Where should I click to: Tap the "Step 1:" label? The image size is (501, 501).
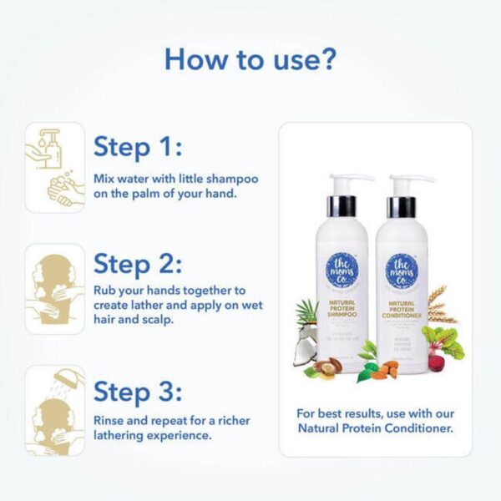pyautogui.click(x=137, y=147)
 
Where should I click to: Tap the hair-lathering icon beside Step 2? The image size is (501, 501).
pyautogui.click(x=54, y=289)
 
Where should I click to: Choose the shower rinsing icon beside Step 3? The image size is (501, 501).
pyautogui.click(x=54, y=410)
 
